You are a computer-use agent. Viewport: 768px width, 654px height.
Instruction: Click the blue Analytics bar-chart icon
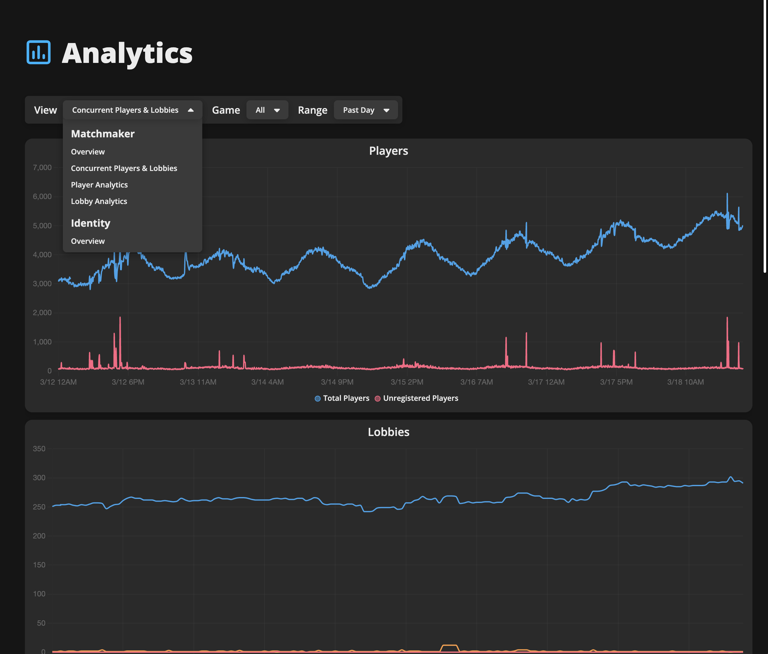39,52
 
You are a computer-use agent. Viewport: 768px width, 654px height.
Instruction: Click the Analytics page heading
127,53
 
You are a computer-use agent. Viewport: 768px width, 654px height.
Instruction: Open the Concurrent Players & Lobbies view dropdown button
132,110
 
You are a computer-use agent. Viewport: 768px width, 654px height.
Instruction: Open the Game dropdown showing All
267,110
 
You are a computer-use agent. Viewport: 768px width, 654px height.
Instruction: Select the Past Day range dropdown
366,110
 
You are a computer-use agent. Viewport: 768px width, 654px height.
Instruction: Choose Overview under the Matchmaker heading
88,152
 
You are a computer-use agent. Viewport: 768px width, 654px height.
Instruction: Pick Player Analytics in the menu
99,185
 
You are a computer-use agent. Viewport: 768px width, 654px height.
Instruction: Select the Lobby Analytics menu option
99,201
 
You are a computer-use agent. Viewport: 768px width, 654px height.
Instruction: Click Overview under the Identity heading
88,241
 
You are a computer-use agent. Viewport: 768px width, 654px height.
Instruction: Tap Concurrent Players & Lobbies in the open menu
124,168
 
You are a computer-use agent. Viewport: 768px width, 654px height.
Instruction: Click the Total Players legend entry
342,398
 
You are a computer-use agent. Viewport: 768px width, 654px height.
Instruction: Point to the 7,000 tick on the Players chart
42,168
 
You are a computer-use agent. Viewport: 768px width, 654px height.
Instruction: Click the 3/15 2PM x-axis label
407,382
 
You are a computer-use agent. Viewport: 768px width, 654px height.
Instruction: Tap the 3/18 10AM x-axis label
686,382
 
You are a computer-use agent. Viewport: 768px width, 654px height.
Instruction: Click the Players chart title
388,151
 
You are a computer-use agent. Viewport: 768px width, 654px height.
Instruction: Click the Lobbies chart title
388,432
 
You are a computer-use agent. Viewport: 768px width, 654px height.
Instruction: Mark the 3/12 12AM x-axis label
58,382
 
